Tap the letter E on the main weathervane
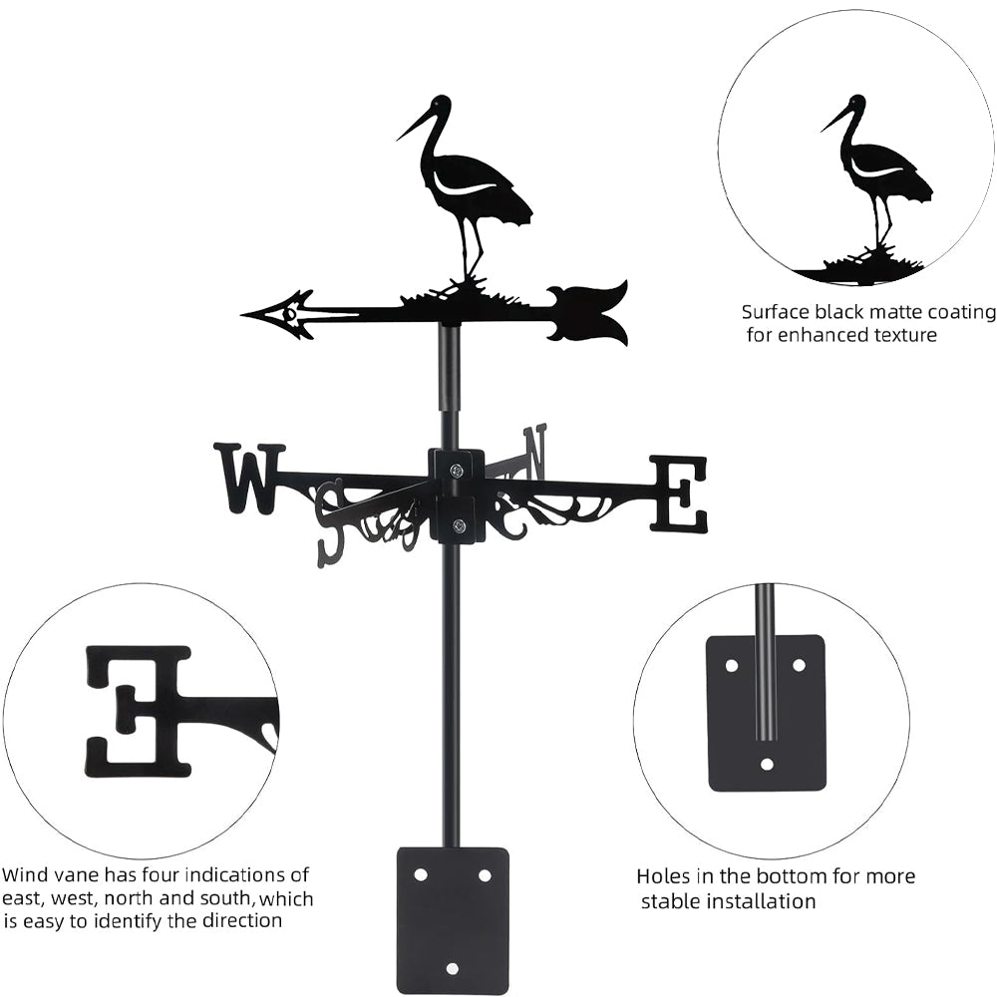(680, 493)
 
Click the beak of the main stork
(414, 125)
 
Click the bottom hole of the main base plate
(453, 968)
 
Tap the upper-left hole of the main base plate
(421, 874)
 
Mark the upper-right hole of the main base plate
(485, 874)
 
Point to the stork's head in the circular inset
(855, 105)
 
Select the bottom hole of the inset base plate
(766, 765)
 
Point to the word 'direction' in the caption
(238, 920)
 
